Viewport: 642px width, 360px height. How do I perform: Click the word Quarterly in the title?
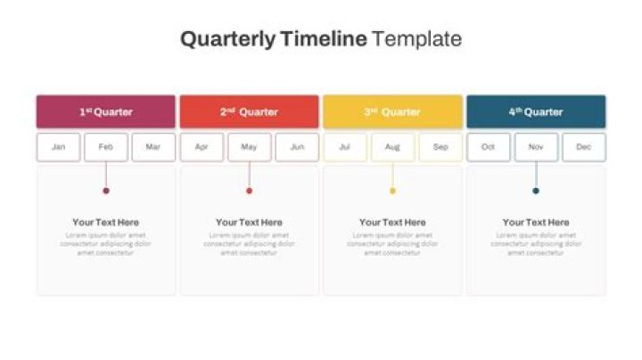point(227,39)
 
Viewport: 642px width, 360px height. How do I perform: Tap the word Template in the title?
point(416,39)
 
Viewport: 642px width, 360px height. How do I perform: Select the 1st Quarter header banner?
point(106,112)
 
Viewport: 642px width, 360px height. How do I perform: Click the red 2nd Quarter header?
point(249,112)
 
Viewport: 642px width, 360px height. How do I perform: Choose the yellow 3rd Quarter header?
point(392,112)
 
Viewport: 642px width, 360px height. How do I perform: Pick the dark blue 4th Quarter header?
point(536,112)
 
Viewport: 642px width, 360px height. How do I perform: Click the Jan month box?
point(59,147)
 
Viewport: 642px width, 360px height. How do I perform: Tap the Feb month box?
point(106,147)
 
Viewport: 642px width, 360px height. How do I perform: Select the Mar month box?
point(153,147)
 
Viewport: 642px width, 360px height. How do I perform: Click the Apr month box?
point(202,147)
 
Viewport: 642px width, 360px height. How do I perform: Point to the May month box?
point(249,147)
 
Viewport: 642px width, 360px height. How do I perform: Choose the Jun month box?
point(297,147)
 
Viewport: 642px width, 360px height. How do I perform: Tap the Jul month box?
point(345,147)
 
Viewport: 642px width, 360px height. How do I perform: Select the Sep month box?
point(440,147)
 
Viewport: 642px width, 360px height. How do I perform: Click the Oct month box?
point(489,147)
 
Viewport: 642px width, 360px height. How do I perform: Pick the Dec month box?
point(583,147)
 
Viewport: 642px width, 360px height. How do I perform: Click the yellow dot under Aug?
point(392,191)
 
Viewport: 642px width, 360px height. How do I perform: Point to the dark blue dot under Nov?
point(536,191)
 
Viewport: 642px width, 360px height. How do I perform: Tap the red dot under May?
point(249,191)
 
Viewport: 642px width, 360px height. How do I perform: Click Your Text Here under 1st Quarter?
point(106,223)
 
